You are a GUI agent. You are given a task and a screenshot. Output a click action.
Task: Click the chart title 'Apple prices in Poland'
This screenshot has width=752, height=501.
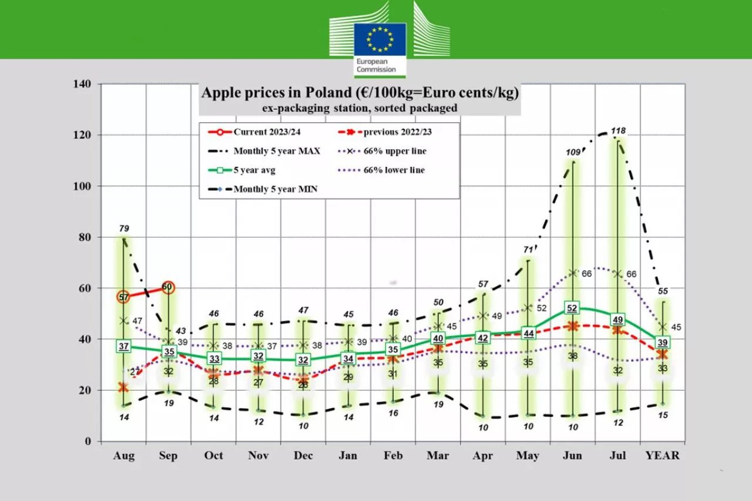coord(360,93)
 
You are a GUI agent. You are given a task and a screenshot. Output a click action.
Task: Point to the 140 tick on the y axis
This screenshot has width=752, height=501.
coord(82,85)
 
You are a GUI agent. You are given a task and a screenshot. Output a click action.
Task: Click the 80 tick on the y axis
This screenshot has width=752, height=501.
coord(85,237)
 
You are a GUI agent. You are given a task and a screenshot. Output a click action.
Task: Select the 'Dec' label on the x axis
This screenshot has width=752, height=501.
coord(304,455)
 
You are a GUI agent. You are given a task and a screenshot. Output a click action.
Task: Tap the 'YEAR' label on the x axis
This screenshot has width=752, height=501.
coord(662,455)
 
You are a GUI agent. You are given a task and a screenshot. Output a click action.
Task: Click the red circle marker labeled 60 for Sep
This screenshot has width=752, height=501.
coord(168,287)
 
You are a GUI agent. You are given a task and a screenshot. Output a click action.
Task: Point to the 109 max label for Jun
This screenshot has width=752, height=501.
coord(573,153)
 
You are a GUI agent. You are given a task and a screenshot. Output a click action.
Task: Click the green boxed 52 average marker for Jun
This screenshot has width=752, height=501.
coord(573,308)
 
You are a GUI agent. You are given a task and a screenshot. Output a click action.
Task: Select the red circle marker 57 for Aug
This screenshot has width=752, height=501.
coord(124,297)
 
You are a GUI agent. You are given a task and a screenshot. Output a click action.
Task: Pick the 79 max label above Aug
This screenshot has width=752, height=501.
coord(124,228)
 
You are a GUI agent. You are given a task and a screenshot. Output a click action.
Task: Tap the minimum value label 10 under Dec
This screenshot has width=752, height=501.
coord(304,425)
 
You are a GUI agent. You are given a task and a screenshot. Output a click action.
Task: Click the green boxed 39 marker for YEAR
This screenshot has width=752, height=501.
coord(663,342)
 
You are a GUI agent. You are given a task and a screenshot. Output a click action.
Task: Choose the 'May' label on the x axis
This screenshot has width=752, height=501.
coord(528,455)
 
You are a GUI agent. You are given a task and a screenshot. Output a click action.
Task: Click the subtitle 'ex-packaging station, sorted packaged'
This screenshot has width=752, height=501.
coord(360,108)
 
